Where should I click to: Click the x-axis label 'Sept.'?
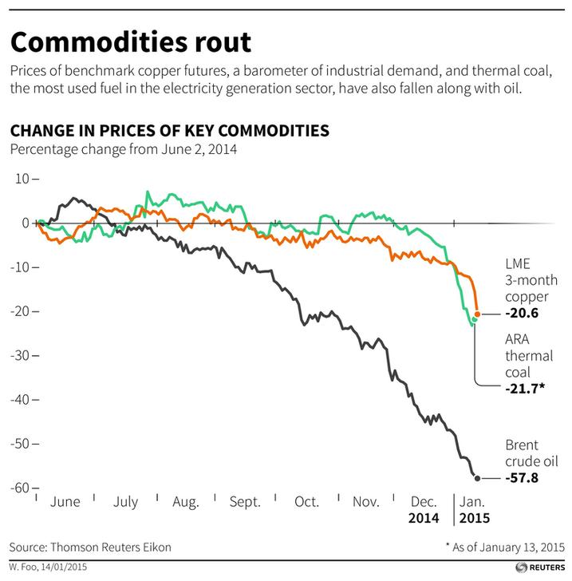(x=245, y=502)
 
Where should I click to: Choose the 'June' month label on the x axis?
(x=65, y=502)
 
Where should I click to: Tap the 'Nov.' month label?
(x=365, y=502)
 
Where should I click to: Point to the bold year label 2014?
(x=424, y=517)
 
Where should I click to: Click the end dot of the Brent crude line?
(x=477, y=478)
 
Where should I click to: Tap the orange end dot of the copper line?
(x=477, y=314)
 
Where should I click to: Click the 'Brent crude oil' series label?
(x=531, y=453)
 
